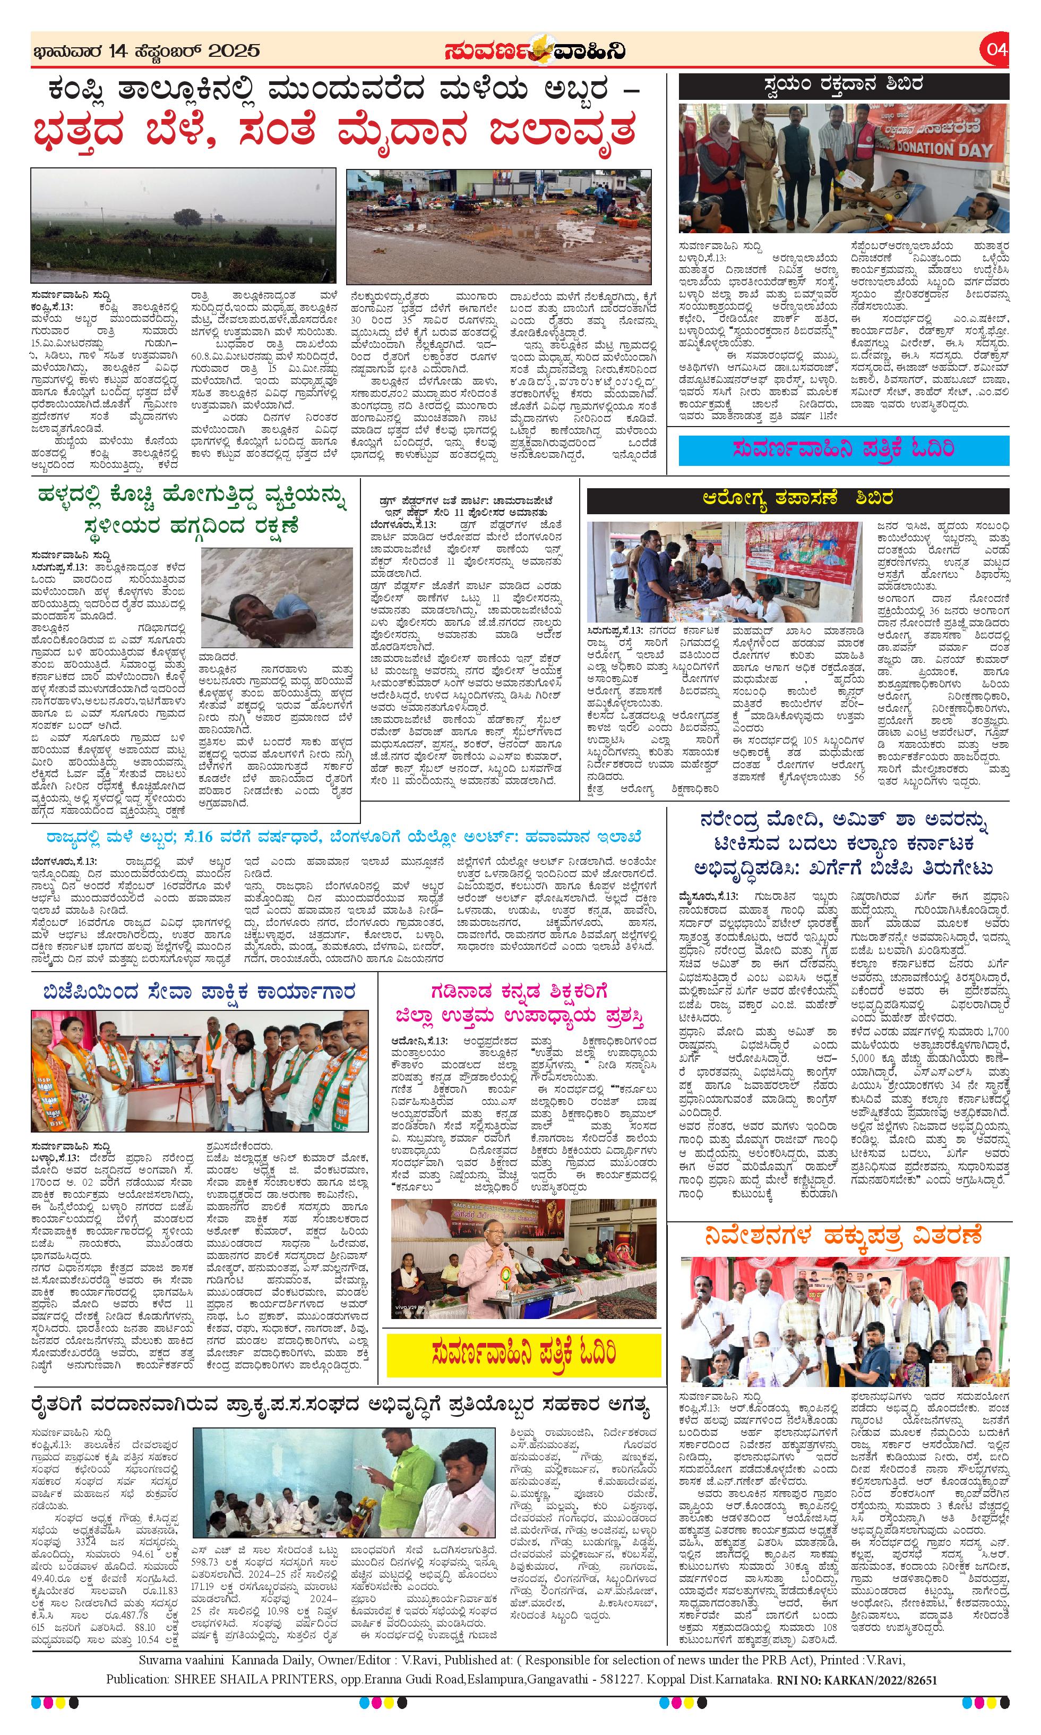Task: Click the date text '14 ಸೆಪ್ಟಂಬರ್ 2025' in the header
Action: [184, 50]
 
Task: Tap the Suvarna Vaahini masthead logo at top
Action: [535, 50]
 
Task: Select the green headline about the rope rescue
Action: [194, 511]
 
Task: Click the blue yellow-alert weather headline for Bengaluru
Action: [344, 837]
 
